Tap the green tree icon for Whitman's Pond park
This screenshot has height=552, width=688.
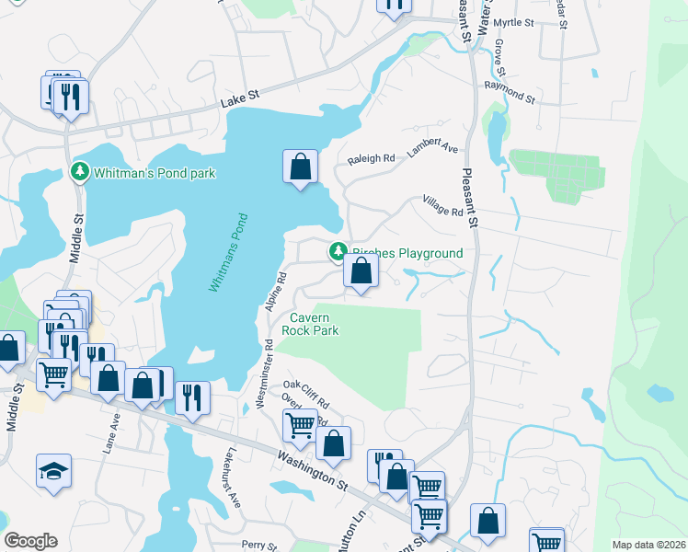(80, 172)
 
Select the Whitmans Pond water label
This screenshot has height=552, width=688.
(228, 253)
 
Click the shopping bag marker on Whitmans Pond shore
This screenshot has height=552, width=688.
(300, 167)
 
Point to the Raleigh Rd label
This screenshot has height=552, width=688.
(371, 159)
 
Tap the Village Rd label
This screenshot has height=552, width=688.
(442, 205)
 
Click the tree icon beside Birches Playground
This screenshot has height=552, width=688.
(338, 251)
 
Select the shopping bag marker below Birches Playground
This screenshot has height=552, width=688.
(361, 271)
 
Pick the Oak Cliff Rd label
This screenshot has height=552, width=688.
(306, 392)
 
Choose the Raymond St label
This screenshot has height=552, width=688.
(510, 91)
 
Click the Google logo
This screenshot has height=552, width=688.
(31, 541)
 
